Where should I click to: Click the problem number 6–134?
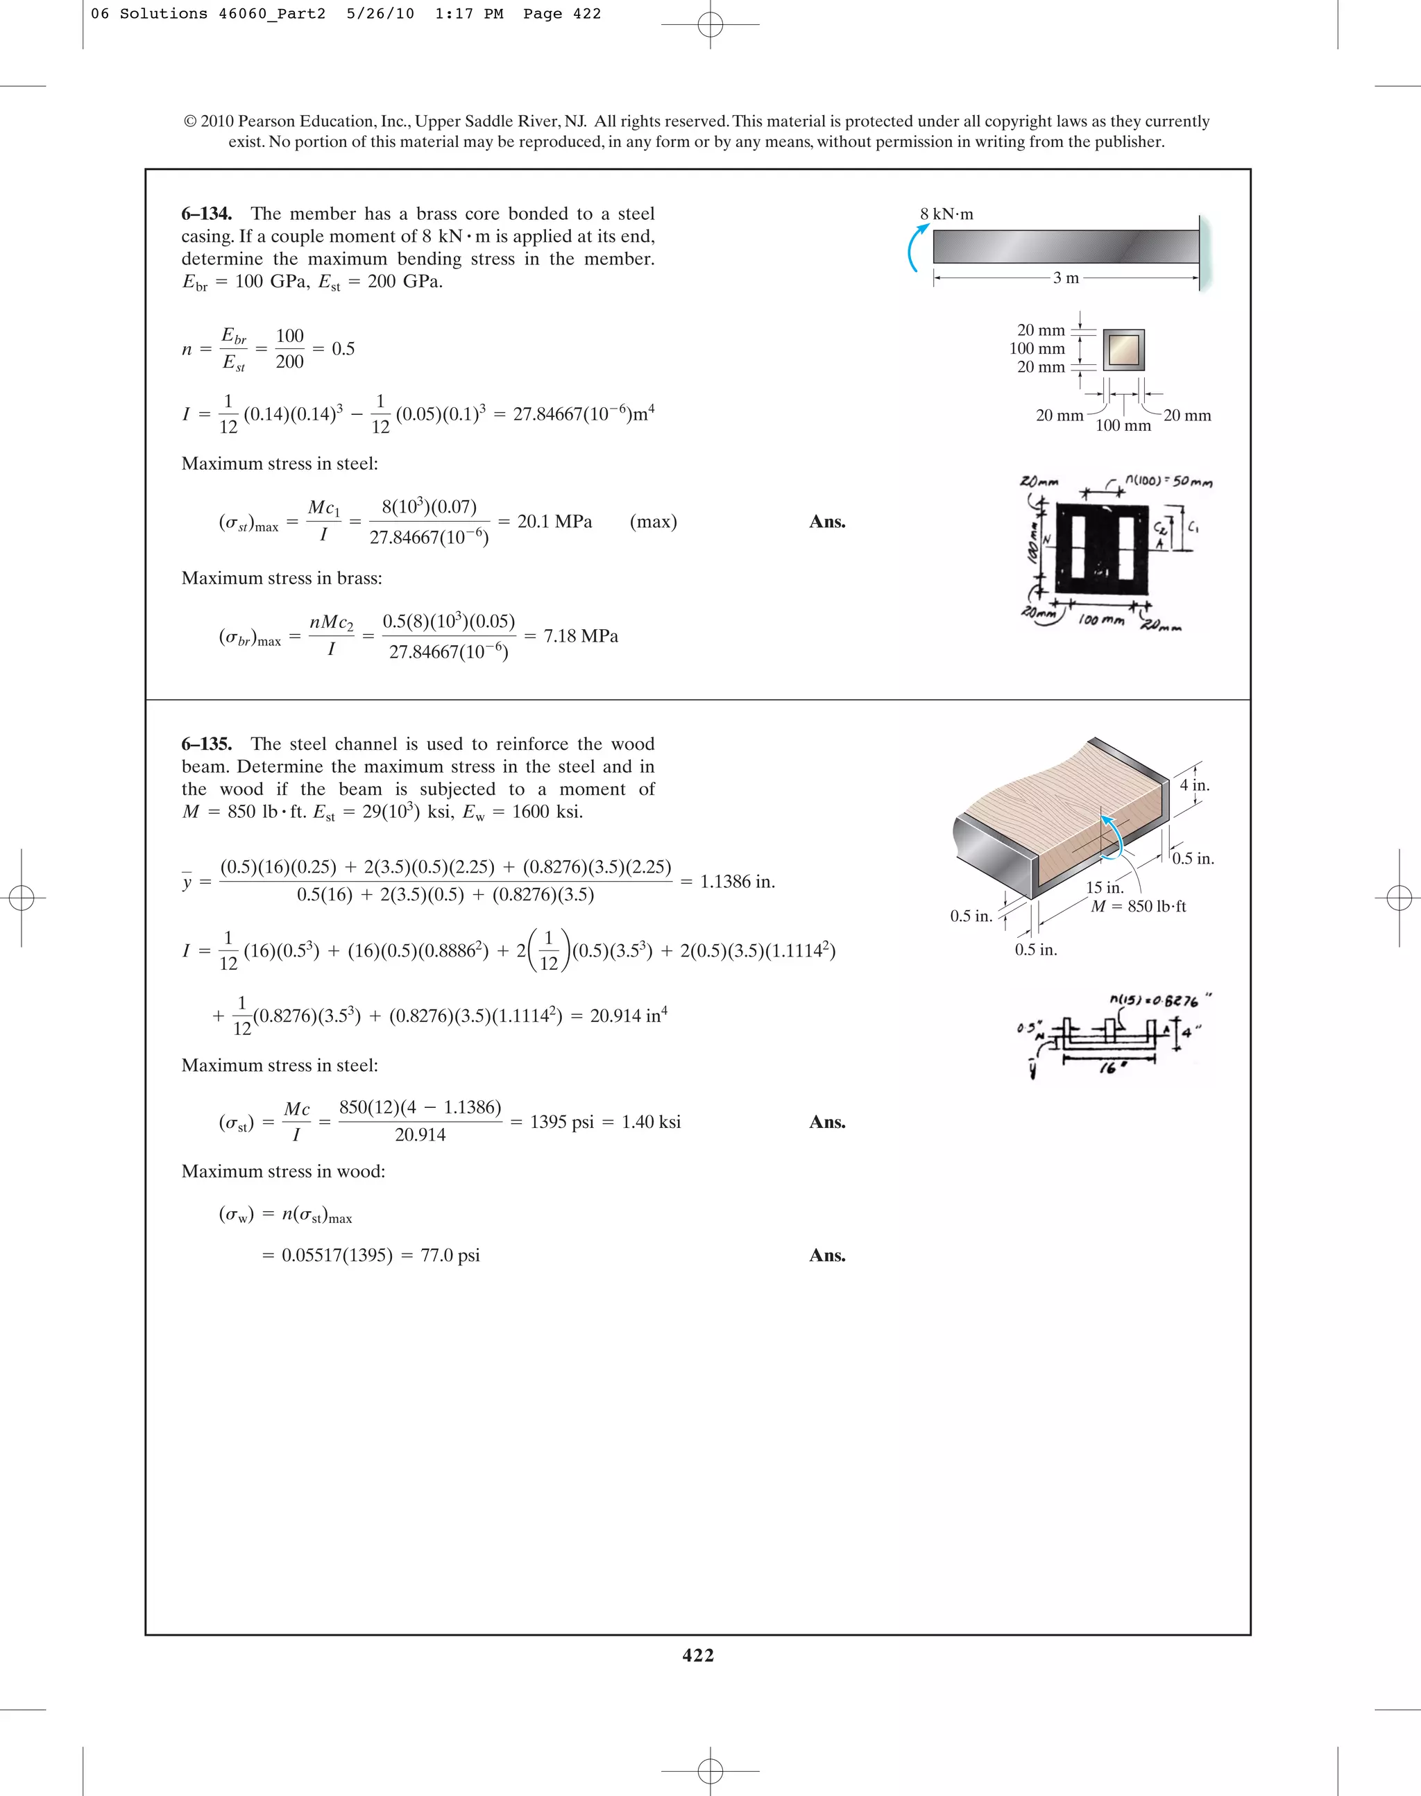206,214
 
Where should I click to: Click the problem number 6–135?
206,744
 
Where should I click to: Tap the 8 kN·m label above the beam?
947,214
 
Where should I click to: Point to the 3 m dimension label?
1066,278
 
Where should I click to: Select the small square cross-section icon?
1124,350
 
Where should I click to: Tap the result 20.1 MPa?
554,522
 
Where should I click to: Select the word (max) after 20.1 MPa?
653,522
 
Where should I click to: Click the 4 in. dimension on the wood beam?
1195,785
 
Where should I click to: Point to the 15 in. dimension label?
1104,888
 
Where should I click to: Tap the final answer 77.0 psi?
450,1256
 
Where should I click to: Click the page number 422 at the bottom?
698,1655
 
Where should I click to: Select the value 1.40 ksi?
651,1122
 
